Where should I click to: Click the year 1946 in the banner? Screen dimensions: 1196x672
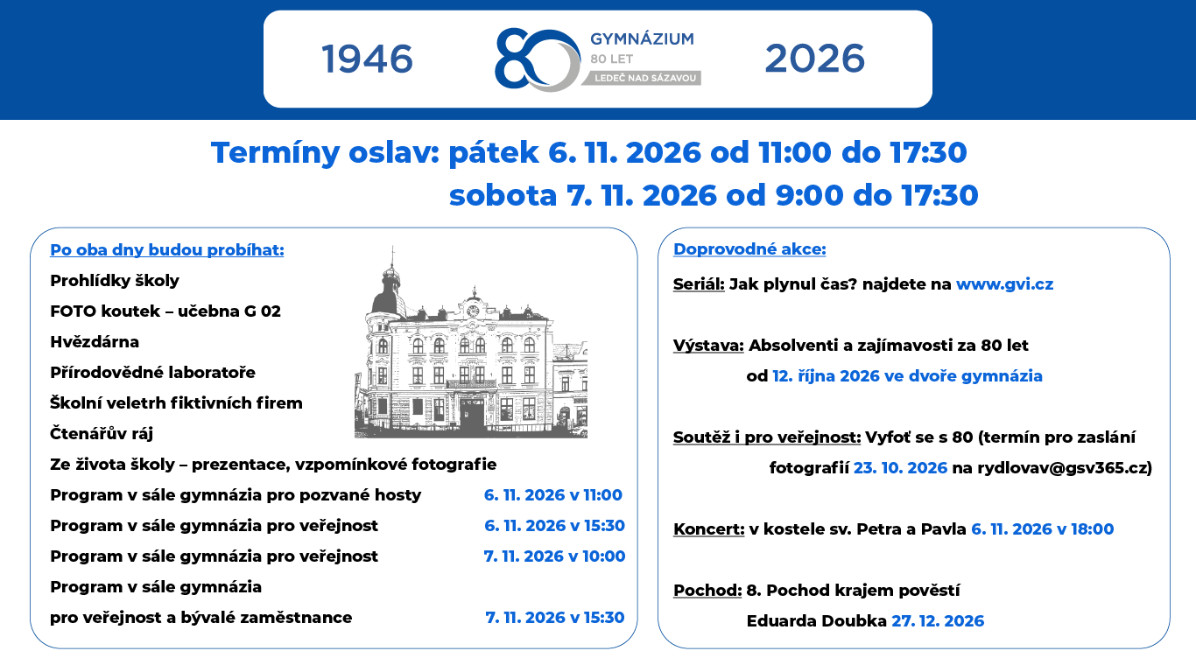pyautogui.click(x=368, y=59)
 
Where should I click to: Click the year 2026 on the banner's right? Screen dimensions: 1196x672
pyautogui.click(x=814, y=59)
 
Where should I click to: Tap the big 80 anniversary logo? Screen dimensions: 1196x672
pyautogui.click(x=537, y=59)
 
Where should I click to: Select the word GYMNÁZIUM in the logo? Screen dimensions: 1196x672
pyautogui.click(x=642, y=38)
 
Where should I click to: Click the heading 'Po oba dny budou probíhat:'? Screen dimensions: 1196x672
pyautogui.click(x=167, y=249)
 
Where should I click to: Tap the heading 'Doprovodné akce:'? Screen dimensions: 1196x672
pyautogui.click(x=749, y=248)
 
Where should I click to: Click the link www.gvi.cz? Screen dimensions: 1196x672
pyautogui.click(x=1004, y=284)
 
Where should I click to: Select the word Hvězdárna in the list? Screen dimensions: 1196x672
pyautogui.click(x=95, y=341)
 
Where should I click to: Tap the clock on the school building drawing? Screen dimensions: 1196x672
pyautogui.click(x=473, y=311)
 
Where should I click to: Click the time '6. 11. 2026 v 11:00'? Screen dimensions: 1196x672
pyautogui.click(x=553, y=494)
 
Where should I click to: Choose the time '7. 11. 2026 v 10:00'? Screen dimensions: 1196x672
pyautogui.click(x=555, y=556)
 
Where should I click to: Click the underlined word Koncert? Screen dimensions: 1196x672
pyautogui.click(x=708, y=529)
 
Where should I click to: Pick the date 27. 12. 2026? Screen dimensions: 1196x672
pyautogui.click(x=938, y=620)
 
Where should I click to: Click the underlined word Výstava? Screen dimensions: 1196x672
pyautogui.click(x=708, y=346)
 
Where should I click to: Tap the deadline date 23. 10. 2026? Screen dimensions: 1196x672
pyautogui.click(x=900, y=467)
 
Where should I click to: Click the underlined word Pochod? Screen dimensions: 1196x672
pyautogui.click(x=707, y=591)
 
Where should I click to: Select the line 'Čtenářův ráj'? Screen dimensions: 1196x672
pyautogui.click(x=102, y=433)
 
